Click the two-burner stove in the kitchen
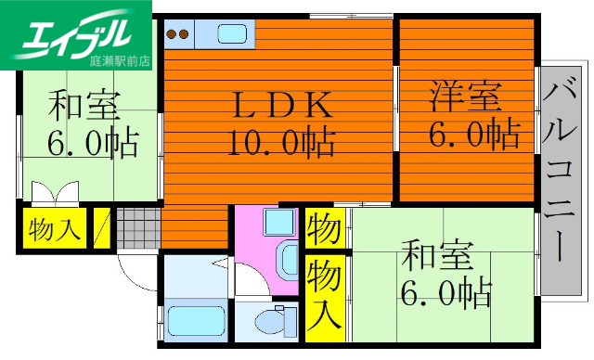(178, 35)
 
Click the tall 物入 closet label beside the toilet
(324, 295)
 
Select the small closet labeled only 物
(324, 227)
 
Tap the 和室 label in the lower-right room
(436, 254)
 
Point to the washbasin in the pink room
(278, 223)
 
